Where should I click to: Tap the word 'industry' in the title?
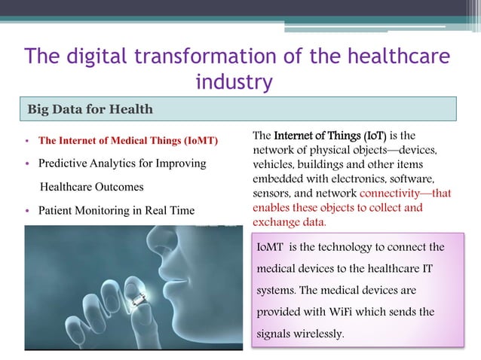tap(233, 82)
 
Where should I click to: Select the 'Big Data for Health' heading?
tap(90, 109)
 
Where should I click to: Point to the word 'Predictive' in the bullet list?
tap(64, 163)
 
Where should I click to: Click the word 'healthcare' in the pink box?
tap(397, 268)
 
